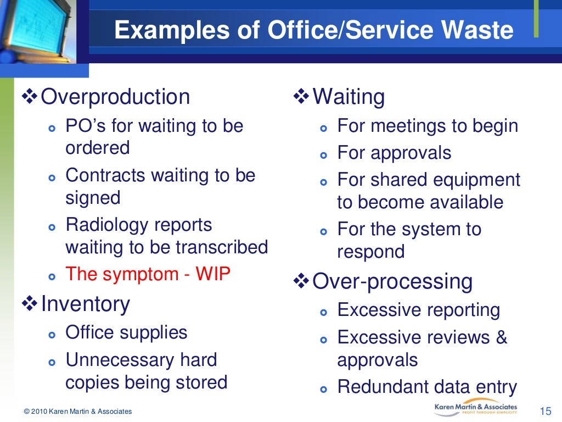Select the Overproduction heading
coord(115,97)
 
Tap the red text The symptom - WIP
coord(148,274)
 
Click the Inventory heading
coord(85,304)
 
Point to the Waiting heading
coord(349,97)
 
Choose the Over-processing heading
coord(392,281)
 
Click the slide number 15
coord(545,411)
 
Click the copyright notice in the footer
coord(77,412)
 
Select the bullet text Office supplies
coord(126,332)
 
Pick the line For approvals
coord(394,153)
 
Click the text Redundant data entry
coord(427,387)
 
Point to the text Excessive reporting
coord(418,310)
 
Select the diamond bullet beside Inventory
coord(30,303)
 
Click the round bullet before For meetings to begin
coord(323,127)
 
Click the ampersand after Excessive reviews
coord(501,337)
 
